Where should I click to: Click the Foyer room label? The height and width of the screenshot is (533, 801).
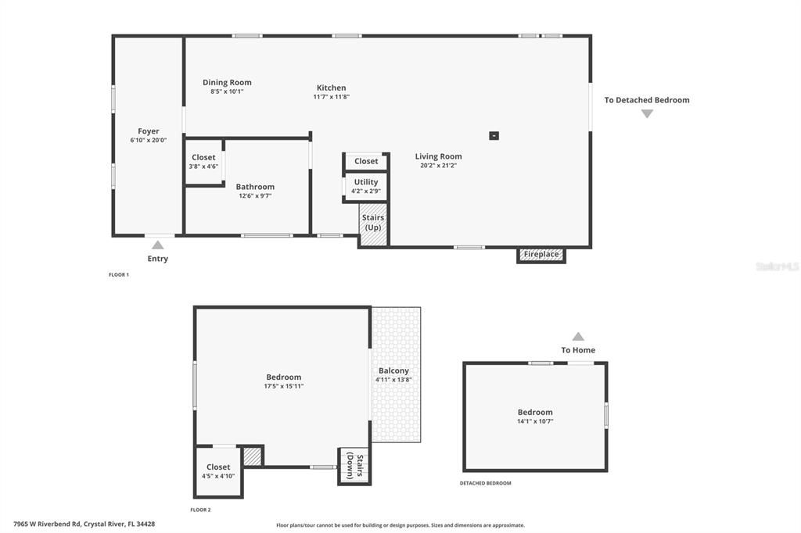(149, 131)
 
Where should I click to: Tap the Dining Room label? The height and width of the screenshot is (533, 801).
(227, 82)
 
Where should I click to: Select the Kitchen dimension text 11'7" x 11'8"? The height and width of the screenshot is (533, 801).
(331, 97)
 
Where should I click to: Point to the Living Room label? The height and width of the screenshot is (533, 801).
(438, 156)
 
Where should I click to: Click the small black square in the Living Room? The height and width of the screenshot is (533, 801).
(494, 135)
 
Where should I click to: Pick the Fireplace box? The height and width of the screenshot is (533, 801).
(541, 255)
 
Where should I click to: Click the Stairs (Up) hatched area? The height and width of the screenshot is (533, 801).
(373, 224)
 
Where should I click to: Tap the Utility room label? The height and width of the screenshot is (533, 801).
(365, 182)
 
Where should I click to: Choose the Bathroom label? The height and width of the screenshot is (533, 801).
(255, 187)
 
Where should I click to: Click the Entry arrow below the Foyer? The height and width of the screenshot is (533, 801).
(158, 245)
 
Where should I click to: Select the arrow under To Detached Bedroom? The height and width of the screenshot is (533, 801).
(647, 113)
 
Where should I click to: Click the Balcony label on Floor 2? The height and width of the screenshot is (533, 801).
(393, 370)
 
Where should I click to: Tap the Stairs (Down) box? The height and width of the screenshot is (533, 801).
(354, 466)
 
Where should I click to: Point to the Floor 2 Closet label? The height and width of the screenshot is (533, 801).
(218, 467)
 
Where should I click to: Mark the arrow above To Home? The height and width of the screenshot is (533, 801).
(578, 336)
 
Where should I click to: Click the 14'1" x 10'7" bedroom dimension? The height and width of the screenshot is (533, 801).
(535, 421)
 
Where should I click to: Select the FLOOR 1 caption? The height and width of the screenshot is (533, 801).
(119, 274)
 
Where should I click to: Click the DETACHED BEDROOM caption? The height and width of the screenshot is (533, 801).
(485, 483)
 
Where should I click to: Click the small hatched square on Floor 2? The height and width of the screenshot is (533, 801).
(252, 456)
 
